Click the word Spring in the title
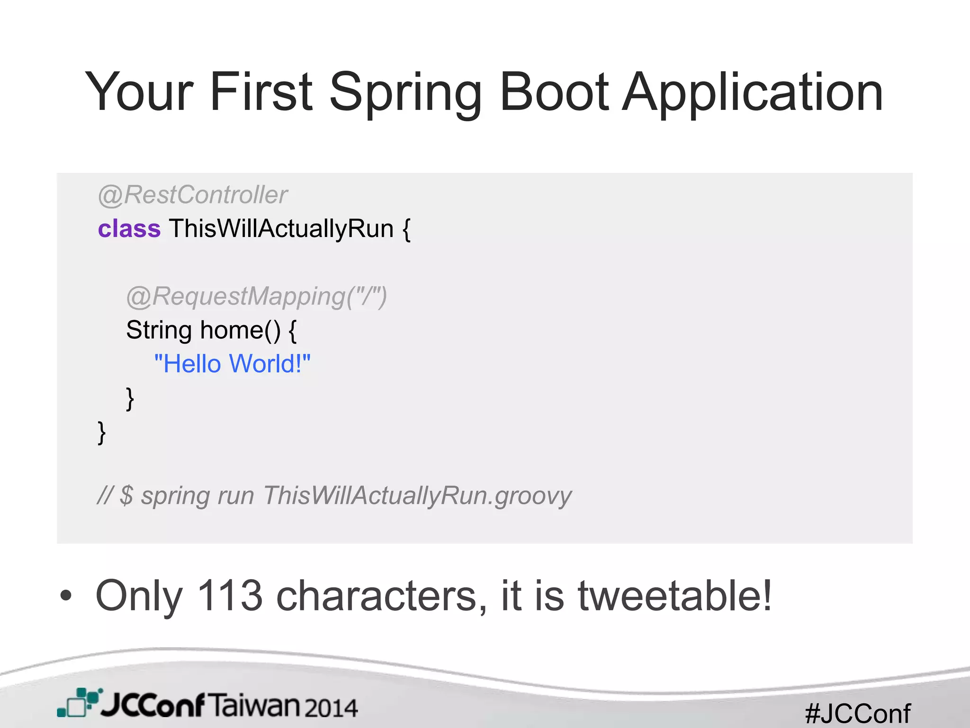[405, 92]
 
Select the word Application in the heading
[753, 92]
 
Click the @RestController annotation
[193, 195]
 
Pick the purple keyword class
[129, 229]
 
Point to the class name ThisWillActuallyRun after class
[281, 228]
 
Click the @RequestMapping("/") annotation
[257, 297]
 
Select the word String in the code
[159, 330]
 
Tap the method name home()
[240, 330]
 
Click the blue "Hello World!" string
[232, 364]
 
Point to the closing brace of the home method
[130, 399]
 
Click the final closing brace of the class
[101, 433]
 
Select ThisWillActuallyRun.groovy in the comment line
[417, 496]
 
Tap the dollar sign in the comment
[126, 496]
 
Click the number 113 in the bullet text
[229, 596]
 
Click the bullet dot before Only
[66, 596]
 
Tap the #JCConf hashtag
[857, 713]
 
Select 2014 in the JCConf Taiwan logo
[331, 708]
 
